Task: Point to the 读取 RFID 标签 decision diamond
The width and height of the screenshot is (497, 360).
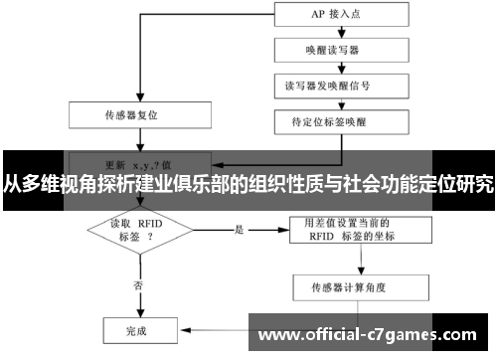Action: click(x=136, y=231)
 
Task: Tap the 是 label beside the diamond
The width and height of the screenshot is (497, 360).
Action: click(x=239, y=228)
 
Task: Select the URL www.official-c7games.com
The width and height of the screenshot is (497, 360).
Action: click(x=367, y=335)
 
